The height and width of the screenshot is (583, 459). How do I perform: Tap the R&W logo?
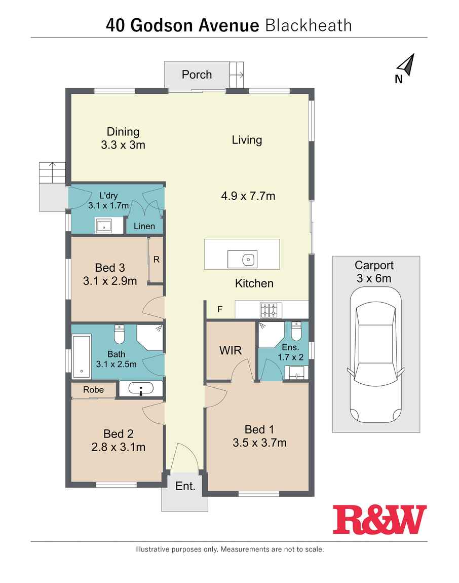pos(379,520)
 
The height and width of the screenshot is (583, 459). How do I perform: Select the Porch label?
pos(197,75)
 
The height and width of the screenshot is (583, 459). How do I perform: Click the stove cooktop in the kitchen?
pos(271,310)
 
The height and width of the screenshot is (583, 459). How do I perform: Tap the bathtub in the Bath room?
pos(82,357)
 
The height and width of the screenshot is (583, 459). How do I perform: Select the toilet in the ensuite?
pos(296,331)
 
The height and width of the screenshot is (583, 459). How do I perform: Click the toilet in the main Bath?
pos(119,334)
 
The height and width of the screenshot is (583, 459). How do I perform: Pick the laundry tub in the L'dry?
pos(104,226)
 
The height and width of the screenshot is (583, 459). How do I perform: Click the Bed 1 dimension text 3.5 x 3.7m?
pos(259,443)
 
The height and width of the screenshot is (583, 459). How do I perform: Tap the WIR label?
pos(231,350)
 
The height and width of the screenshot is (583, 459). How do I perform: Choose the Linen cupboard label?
pos(144,226)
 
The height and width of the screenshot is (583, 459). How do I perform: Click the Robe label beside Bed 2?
pos(93,390)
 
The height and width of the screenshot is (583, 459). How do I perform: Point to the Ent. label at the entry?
pos(185,486)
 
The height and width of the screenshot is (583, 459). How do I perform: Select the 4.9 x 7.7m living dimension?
pos(248,196)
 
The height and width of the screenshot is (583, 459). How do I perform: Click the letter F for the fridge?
pos(220,309)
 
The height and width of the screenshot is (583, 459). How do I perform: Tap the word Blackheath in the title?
pos(309,26)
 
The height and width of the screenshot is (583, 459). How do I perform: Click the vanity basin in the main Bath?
pos(141,389)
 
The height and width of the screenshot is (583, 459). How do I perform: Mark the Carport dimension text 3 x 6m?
pos(374,278)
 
